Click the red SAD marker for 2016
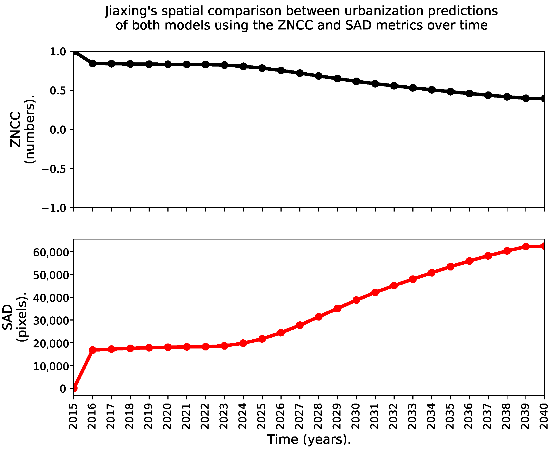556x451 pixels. tap(93, 350)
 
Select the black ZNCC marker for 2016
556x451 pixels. tap(93, 63)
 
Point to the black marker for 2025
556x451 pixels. tap(262, 68)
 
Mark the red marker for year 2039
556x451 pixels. tap(526, 247)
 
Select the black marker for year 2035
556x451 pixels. tap(451, 92)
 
